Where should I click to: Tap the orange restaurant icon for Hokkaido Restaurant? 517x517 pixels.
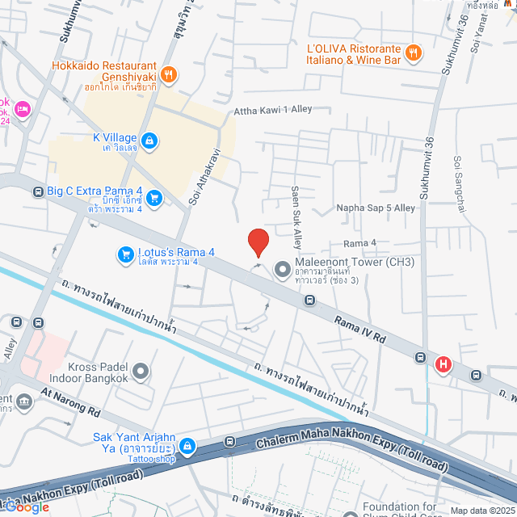click(169, 75)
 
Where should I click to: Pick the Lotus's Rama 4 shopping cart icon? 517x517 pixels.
click(125, 254)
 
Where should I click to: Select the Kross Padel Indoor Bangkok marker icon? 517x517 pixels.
click(141, 372)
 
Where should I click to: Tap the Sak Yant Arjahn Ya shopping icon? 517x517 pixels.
click(187, 445)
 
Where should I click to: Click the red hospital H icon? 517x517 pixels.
click(443, 365)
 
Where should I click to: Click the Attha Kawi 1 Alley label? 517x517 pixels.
click(272, 111)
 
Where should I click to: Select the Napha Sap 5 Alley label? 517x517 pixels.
click(376, 208)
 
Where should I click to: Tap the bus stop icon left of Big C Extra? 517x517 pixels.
click(38, 192)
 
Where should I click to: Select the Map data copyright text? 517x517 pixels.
click(481, 510)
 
